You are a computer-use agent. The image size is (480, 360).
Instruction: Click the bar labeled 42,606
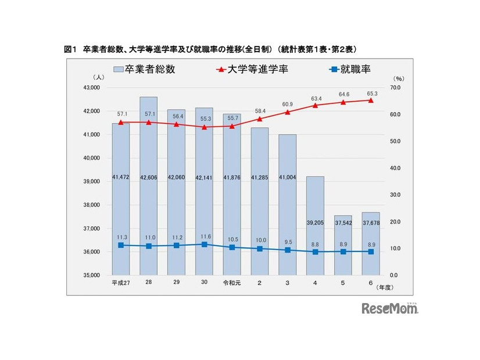point(149,186)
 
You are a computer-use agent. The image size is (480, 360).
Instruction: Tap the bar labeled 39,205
point(315,226)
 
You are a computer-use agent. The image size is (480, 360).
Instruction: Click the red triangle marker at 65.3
point(371,100)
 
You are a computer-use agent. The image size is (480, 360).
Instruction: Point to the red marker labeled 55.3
point(204,127)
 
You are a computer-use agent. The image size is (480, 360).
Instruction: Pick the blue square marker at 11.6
point(204,244)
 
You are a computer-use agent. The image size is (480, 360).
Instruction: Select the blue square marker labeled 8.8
point(315,251)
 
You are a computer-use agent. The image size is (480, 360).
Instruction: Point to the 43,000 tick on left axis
point(93,88)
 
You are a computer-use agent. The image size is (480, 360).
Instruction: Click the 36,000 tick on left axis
point(93,252)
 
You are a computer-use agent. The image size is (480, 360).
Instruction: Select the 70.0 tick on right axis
point(396,88)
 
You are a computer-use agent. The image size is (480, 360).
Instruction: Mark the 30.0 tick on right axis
point(396,195)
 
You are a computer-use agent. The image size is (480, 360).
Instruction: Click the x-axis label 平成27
point(120,283)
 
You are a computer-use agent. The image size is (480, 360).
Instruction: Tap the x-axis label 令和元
point(231,283)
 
